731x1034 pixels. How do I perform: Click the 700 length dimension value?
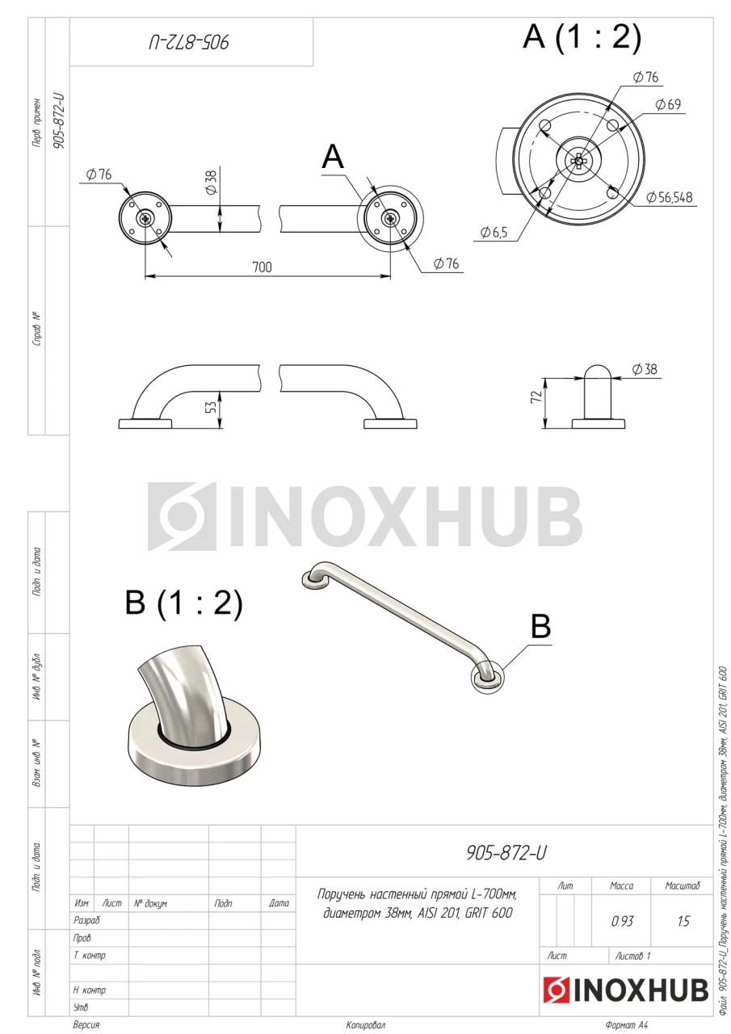[x=262, y=267]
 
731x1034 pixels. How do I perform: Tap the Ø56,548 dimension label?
[x=669, y=198]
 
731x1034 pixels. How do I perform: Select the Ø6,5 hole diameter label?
[x=494, y=232]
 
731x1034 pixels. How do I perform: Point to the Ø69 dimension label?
[x=668, y=104]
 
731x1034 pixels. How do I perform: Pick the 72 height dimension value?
[x=536, y=397]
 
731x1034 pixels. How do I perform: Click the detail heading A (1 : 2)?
[x=582, y=37]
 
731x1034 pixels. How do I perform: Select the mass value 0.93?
[x=622, y=922]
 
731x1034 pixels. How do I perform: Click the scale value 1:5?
[x=683, y=922]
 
